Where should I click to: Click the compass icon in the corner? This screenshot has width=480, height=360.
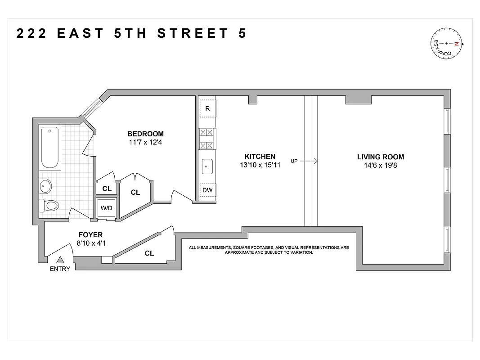tap(448, 44)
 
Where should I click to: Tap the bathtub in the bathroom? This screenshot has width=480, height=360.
tap(49, 147)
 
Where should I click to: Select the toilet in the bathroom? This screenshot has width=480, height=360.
tap(50, 206)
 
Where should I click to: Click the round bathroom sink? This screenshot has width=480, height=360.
tap(46, 184)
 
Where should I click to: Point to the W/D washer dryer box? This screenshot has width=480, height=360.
tap(106, 208)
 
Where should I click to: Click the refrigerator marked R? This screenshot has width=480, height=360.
tap(207, 108)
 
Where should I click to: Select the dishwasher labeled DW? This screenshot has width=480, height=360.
tap(207, 190)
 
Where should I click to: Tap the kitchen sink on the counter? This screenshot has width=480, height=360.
tap(207, 166)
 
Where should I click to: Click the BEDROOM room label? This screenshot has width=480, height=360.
tap(145, 134)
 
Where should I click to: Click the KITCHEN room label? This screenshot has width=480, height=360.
tap(260, 157)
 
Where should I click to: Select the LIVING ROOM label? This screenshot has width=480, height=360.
tap(381, 157)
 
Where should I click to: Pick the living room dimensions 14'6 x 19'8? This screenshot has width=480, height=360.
tap(381, 166)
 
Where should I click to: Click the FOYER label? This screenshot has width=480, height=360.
tap(90, 234)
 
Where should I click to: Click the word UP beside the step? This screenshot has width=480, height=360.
tap(294, 161)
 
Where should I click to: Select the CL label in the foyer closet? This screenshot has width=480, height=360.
tap(149, 253)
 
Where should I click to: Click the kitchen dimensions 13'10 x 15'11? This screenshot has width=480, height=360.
tap(260, 165)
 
